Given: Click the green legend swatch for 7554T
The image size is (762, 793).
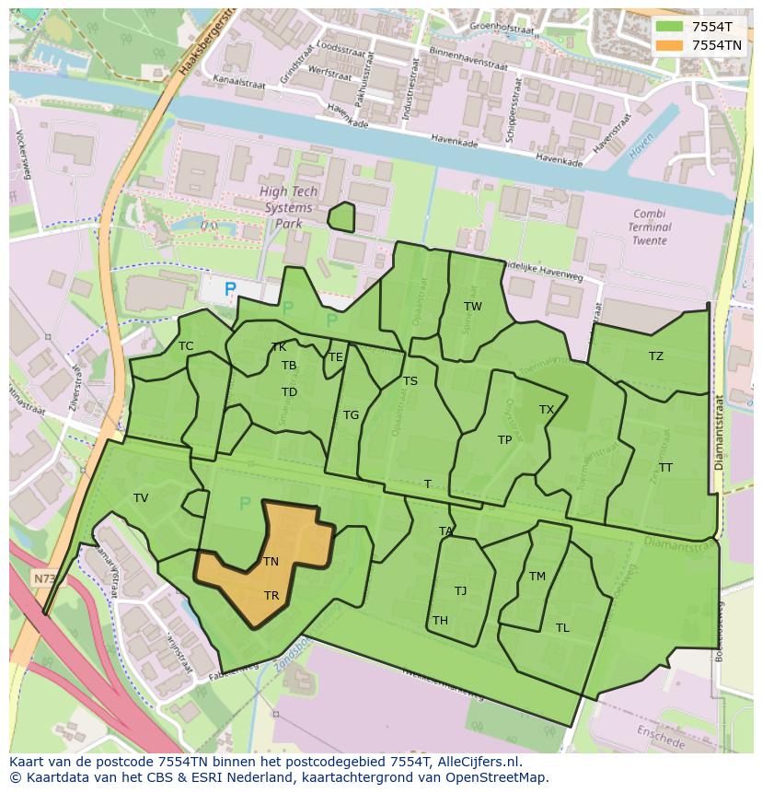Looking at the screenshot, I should (670, 27).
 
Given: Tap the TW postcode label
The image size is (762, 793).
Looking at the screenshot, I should (472, 307).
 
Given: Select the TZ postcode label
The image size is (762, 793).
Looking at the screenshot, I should (655, 356).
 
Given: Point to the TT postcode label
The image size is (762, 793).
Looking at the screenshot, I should (665, 468).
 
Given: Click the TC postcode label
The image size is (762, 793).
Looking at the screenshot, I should (186, 346).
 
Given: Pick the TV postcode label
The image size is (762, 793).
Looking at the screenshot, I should (141, 498).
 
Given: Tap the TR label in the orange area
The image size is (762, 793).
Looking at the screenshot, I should (271, 596).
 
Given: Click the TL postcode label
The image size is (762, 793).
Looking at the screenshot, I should (562, 628).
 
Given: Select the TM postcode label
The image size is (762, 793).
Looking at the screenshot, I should (537, 577).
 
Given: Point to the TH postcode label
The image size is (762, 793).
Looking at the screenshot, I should (440, 621).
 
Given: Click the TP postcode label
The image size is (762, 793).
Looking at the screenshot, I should (504, 440).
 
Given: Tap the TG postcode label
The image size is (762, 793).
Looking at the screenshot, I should (351, 415).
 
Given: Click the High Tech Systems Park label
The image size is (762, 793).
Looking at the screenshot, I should (288, 207).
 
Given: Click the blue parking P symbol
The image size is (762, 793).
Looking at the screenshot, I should (230, 289).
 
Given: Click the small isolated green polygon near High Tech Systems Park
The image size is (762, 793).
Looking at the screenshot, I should (341, 217).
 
